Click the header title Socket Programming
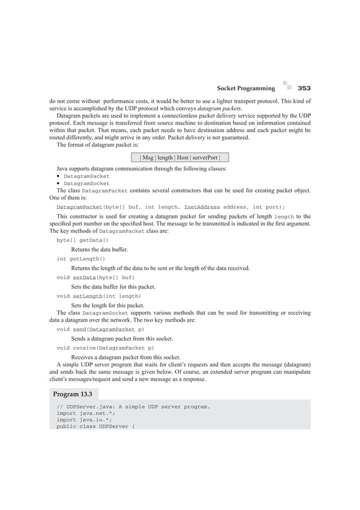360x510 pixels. [246, 89]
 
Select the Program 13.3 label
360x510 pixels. [73, 394]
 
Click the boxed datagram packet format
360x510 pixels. [180, 157]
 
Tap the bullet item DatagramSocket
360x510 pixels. [86, 184]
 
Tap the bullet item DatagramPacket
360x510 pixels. [86, 176]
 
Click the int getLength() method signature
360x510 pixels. [81, 259]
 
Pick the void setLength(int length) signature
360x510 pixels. [99, 296]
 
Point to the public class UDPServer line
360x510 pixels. [95, 426]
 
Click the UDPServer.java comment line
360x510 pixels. [133, 406]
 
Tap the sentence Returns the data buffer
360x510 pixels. [99, 249]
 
